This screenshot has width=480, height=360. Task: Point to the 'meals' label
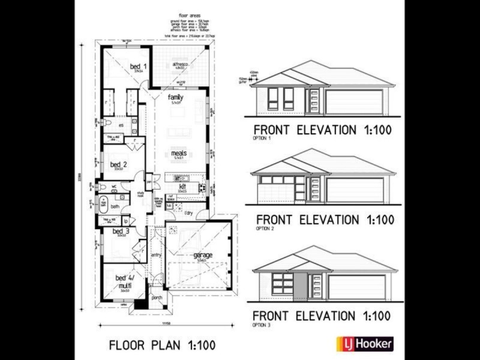tap(179, 153)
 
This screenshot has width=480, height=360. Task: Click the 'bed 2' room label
tap(119, 164)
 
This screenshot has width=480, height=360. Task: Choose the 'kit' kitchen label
tap(182, 187)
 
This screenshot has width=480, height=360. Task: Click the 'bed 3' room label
tap(121, 231)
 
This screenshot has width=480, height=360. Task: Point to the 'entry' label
tap(156, 256)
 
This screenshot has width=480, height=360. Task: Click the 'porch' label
tap(157, 298)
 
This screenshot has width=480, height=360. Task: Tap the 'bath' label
tap(115, 207)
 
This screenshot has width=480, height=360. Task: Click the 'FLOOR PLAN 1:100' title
tap(161, 345)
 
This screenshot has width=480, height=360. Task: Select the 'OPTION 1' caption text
tap(263, 139)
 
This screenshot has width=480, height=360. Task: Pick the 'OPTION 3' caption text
tap(263, 325)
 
